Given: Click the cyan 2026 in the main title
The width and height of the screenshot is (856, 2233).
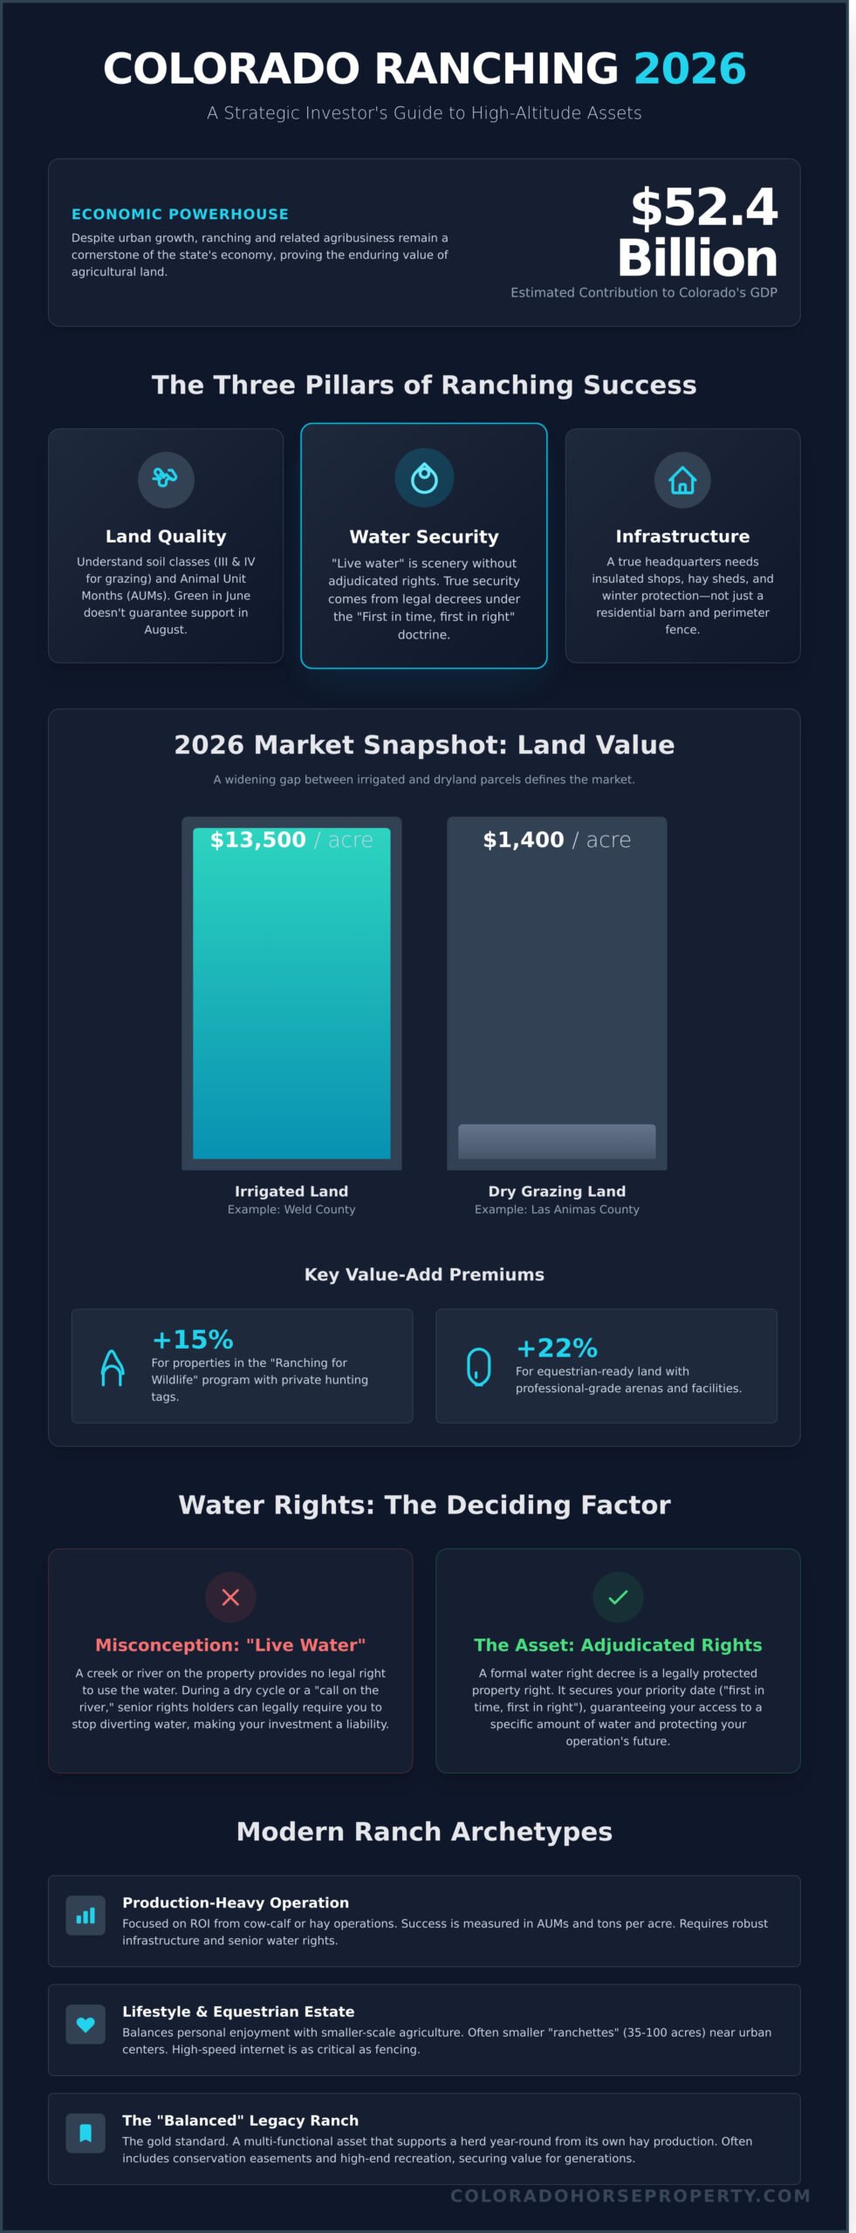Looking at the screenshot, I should [689, 69].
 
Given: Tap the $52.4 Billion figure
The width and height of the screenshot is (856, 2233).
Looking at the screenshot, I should [697, 232].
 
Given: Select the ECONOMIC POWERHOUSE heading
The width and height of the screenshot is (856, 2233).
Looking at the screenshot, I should [180, 214].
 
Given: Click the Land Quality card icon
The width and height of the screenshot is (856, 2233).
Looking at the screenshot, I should [165, 479].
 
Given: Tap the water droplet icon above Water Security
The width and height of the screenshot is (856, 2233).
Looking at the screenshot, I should [424, 478].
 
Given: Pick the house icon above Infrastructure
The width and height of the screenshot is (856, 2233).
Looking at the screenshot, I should [681, 480].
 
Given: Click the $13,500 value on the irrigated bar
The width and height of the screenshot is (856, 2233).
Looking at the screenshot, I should [258, 840].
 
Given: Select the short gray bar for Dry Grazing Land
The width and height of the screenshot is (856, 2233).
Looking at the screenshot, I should [557, 1141].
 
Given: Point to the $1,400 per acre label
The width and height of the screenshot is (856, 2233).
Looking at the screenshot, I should [557, 840].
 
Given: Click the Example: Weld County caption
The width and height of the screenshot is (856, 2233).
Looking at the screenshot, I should [291, 1209].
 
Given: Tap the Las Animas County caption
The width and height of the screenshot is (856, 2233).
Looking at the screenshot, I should [557, 1209].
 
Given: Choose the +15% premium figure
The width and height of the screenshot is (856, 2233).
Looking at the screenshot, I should [193, 1339].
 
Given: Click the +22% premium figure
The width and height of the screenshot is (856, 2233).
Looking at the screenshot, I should [557, 1348].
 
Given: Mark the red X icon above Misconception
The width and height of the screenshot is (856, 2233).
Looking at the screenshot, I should [230, 1596].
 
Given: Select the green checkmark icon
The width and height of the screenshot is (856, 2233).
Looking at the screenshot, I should [618, 1596].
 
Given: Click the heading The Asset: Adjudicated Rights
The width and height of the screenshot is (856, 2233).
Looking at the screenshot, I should [618, 1644].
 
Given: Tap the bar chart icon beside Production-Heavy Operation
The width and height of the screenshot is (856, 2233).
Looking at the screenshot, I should [86, 1915].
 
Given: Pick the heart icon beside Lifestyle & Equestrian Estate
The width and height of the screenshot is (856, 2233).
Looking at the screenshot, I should [86, 2025].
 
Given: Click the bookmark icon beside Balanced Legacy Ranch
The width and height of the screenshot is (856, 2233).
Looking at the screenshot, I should [86, 2133].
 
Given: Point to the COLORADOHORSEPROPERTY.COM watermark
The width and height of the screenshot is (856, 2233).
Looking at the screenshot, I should [630, 2195].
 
